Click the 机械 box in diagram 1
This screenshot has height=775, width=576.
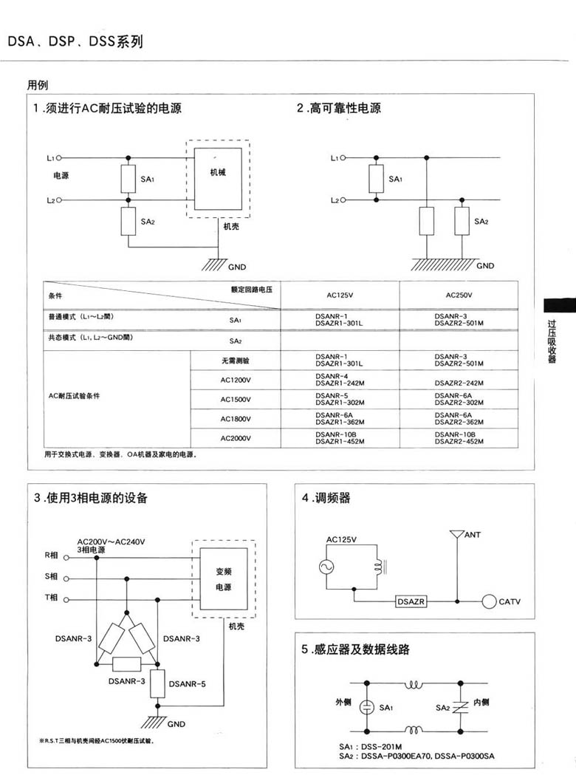218,178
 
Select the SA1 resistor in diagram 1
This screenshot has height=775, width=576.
128,179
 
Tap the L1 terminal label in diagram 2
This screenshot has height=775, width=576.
335,158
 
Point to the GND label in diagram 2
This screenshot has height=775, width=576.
485,265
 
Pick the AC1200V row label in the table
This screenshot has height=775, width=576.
236,380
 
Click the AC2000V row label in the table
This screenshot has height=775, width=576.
236,438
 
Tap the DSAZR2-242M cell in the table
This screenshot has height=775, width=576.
459,383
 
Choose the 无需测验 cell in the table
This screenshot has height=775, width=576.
236,361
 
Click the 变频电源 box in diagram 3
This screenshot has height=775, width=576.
223,579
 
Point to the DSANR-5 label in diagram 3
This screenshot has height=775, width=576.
187,683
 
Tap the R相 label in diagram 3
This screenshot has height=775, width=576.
51,556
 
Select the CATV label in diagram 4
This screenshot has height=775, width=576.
510,602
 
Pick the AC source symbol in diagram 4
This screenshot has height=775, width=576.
326,567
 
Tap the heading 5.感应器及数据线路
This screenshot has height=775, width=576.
355,650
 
